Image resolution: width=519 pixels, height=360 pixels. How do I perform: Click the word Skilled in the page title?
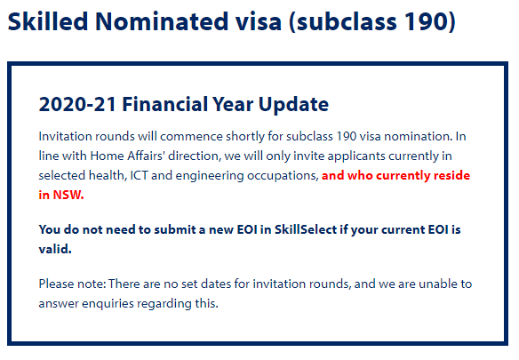tap(48, 21)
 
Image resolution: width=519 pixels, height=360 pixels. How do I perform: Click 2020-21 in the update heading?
tap(77, 104)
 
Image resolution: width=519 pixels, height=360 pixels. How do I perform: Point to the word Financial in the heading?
tap(165, 104)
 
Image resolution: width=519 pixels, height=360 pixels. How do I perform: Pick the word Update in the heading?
tap(293, 105)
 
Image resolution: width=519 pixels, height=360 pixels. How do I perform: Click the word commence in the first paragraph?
tap(191, 137)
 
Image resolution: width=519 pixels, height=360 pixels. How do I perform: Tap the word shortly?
tap(245, 137)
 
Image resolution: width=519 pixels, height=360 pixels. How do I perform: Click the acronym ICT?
tap(139, 175)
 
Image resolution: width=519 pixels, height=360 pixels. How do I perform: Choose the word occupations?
tap(283, 176)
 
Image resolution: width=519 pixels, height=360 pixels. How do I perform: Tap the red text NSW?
tap(68, 195)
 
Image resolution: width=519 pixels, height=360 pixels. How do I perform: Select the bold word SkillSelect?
tap(306, 229)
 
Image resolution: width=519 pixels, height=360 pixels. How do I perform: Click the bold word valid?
tap(55, 249)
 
